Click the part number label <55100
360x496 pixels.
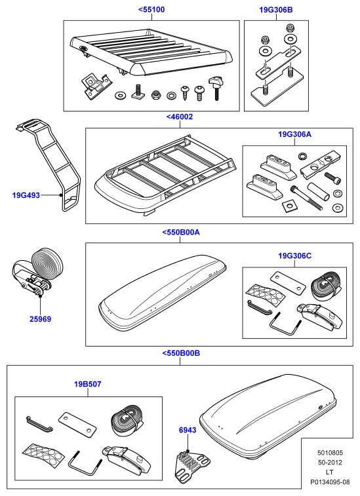(151, 9)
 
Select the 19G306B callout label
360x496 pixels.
(276, 10)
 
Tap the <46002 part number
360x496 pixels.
(180, 117)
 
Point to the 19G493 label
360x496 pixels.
(26, 195)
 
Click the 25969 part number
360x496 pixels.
(40, 319)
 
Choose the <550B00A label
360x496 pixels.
(181, 233)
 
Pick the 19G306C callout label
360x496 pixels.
(295, 256)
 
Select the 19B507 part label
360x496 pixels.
(88, 385)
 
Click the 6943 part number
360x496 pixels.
(188, 430)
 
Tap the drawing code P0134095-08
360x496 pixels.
(330, 482)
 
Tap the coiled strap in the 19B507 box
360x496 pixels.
(129, 421)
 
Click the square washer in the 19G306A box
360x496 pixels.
(289, 206)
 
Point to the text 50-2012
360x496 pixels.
(330, 463)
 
